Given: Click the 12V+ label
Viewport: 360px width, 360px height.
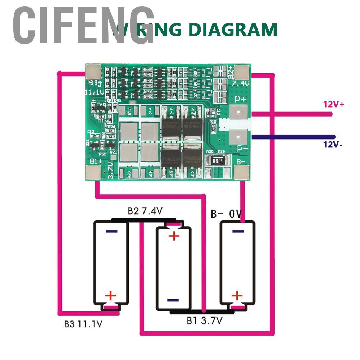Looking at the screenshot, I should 334,104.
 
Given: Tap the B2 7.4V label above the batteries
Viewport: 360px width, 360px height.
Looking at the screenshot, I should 145,211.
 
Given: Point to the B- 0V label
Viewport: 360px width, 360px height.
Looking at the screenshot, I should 225,215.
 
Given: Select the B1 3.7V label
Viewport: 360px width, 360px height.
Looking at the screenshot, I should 204,320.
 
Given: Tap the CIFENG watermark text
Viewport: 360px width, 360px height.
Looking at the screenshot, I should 83,27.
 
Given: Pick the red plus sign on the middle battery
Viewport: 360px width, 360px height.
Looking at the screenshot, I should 174,236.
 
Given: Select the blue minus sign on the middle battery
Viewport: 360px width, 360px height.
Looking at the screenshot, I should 173,300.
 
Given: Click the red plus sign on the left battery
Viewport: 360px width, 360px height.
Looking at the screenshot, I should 111,296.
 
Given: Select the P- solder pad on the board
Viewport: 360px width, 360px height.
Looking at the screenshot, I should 238,137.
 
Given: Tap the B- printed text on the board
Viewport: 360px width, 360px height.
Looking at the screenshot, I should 241,161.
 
